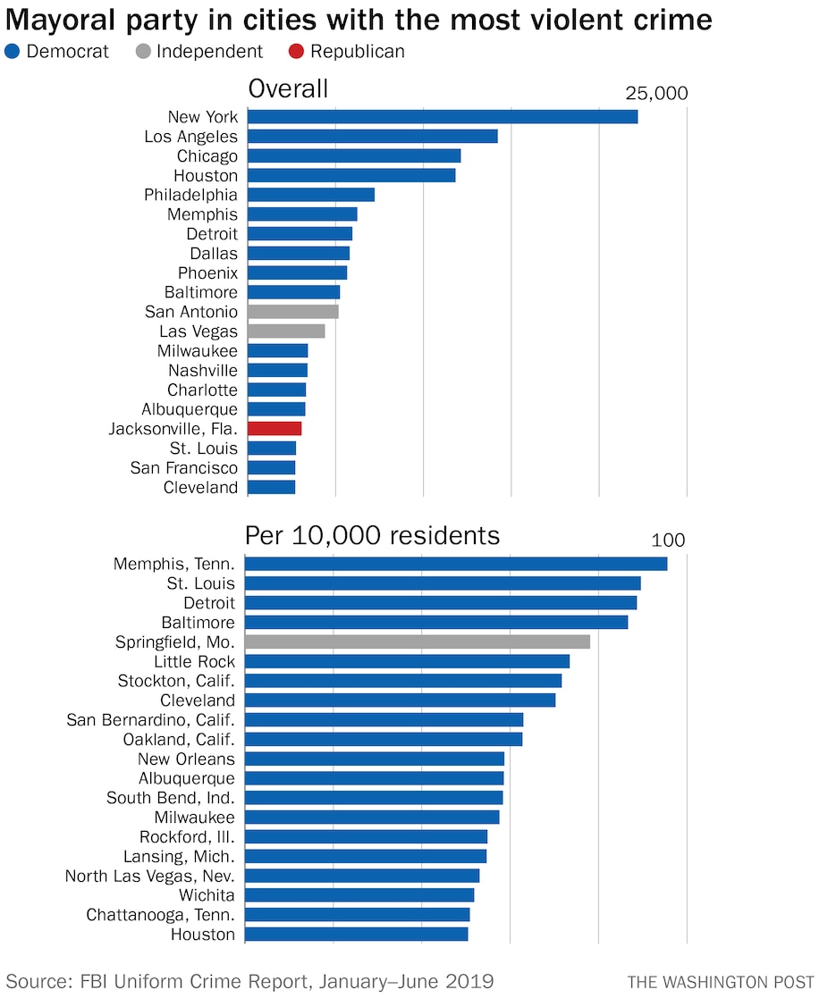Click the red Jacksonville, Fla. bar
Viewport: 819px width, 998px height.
[x=274, y=429]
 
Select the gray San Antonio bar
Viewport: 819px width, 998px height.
[x=292, y=312]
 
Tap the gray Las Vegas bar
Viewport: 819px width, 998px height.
[x=286, y=331]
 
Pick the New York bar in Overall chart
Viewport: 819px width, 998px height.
[x=442, y=117]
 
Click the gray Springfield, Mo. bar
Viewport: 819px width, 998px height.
[x=417, y=642]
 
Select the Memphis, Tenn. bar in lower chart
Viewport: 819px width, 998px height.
[x=455, y=564]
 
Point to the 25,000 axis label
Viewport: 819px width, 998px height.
[x=655, y=93]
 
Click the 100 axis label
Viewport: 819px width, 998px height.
[x=668, y=541]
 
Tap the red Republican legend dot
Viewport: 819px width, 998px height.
[x=296, y=52]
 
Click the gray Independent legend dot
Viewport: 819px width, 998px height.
[x=142, y=52]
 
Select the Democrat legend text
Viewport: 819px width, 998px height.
[x=67, y=52]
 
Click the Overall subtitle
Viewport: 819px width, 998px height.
[x=288, y=88]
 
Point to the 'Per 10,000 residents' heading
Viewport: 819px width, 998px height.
[x=372, y=535]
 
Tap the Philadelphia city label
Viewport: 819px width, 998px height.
[x=190, y=195]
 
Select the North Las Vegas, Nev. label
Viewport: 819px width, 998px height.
[x=149, y=876]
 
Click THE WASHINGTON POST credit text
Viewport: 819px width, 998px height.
[x=716, y=982]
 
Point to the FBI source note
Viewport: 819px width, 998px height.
[x=250, y=981]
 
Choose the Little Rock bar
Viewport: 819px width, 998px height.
[x=407, y=662]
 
